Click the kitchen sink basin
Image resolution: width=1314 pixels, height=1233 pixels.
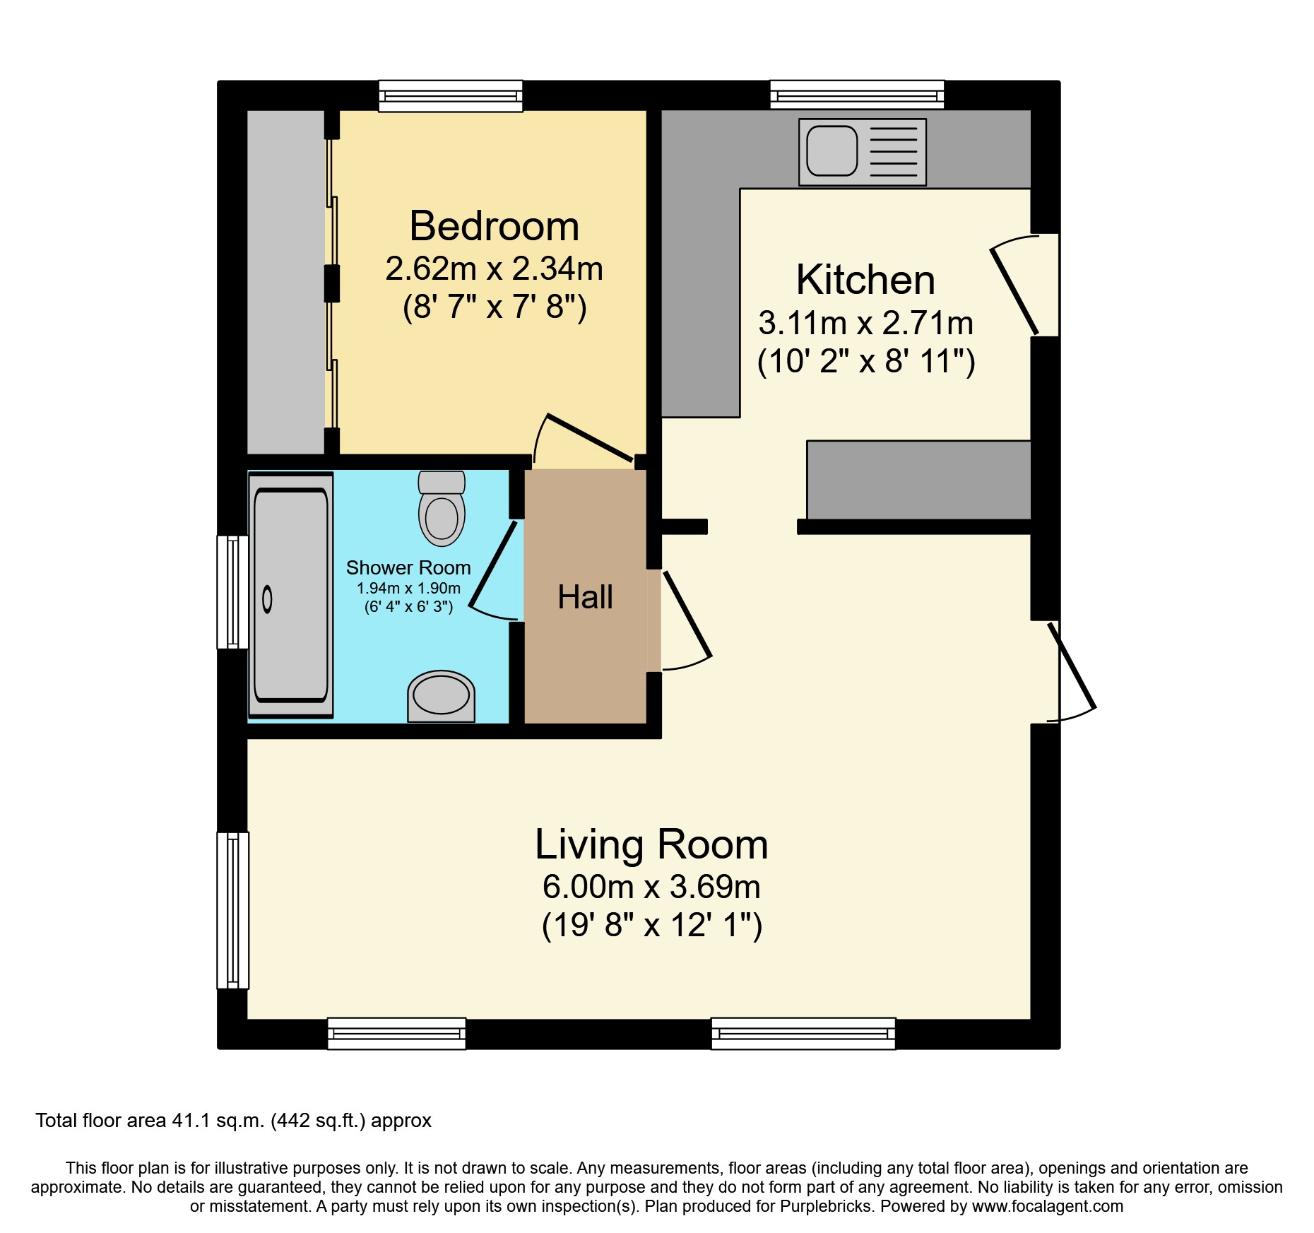831,151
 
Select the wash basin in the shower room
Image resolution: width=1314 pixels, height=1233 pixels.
441,696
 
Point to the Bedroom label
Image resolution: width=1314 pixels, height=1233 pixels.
494,226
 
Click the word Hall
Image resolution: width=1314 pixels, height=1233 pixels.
585,597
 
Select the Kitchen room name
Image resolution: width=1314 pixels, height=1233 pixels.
865,280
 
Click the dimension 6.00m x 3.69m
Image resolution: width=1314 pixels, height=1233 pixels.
651,886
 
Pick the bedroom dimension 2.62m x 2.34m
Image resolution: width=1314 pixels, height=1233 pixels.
494,269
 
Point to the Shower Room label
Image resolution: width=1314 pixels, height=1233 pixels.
408,567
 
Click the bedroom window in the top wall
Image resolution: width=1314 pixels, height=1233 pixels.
450,96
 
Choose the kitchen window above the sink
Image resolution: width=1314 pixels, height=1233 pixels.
856,95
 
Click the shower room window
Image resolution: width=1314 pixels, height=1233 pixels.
232,592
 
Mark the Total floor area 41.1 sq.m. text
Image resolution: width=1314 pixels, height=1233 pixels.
233,1121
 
